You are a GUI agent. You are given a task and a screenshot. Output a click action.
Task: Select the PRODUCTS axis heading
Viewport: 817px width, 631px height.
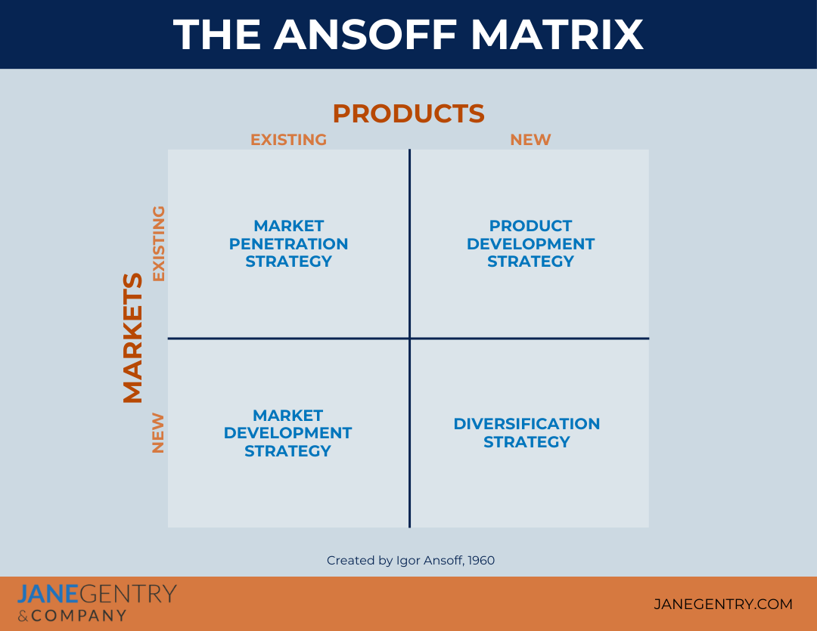click(x=408, y=113)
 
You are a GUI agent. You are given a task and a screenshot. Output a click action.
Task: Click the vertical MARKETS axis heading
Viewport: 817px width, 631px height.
click(x=133, y=338)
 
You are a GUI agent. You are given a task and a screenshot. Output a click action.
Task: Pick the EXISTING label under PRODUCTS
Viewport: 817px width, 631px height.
click(x=288, y=140)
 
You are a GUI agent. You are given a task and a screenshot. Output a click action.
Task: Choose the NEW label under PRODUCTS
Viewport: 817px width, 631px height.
click(x=530, y=140)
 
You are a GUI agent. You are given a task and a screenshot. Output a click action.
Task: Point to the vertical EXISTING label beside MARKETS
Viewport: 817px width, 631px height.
click(x=158, y=243)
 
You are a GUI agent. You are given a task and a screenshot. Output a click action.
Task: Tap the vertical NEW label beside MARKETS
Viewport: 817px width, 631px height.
click(x=158, y=432)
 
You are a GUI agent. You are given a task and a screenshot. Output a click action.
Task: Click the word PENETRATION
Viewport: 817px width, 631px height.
click(x=288, y=244)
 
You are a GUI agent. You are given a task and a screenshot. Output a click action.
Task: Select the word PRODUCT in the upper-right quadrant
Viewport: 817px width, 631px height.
click(x=530, y=226)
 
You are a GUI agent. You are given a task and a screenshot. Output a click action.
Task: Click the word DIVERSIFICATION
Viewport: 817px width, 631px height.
click(x=527, y=424)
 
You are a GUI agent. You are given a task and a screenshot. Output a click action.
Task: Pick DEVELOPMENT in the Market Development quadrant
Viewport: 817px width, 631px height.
click(x=288, y=433)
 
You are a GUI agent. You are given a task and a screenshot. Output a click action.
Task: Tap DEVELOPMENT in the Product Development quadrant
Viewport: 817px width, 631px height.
click(x=530, y=244)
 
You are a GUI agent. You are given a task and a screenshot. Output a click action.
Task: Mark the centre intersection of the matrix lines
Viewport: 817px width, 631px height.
click(x=409, y=338)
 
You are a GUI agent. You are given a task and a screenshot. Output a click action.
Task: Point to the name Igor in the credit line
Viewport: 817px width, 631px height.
click(x=405, y=561)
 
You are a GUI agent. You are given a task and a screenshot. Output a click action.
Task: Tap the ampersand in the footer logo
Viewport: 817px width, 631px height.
click(x=23, y=616)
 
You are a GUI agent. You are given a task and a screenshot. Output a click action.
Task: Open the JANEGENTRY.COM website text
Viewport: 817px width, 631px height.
click(x=722, y=604)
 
